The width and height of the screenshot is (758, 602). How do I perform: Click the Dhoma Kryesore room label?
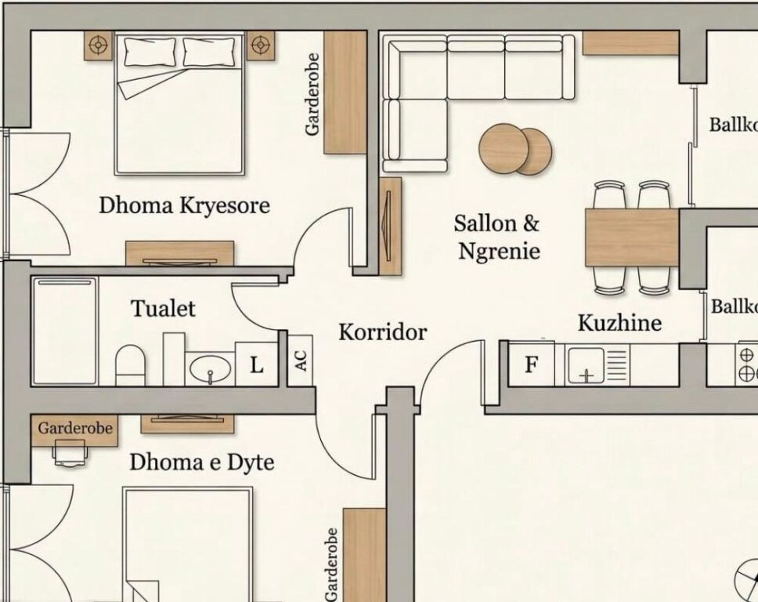point(184,205)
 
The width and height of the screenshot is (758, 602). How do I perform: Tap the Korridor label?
point(383,332)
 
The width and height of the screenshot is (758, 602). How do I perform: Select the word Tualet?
point(164,309)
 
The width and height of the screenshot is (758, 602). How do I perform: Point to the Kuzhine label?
point(619,323)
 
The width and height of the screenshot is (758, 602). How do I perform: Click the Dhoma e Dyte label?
point(201,462)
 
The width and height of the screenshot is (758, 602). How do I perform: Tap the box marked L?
point(256,364)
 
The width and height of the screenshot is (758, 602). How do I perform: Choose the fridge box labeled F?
point(531,364)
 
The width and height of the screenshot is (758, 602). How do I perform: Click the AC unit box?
point(300,361)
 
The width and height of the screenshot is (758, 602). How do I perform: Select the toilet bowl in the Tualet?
point(131,365)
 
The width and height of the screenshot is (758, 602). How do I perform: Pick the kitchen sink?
point(586,365)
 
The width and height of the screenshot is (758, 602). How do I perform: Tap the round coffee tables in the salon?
point(515,149)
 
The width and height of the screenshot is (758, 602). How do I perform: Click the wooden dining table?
point(632,238)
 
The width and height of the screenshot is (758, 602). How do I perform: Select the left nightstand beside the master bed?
point(99,45)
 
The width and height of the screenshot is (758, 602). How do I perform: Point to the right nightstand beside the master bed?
point(261,45)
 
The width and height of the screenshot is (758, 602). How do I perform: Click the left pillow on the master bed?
point(150,52)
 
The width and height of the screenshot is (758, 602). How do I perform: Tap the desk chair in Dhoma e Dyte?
point(70,453)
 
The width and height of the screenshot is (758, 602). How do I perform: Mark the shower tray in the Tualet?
point(65,332)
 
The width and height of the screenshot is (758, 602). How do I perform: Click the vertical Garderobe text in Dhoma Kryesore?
point(312,94)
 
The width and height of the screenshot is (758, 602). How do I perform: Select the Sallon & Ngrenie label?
point(497,238)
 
